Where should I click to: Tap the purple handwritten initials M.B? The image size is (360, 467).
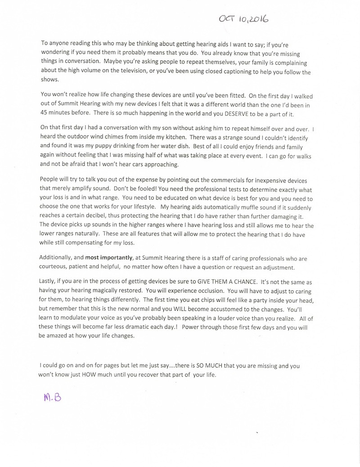tap(53, 398)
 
